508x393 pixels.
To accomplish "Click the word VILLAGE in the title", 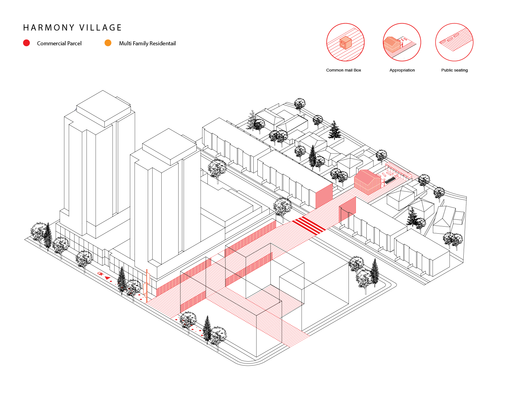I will [x=101, y=28].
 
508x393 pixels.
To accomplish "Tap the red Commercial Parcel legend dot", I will [x=26, y=43].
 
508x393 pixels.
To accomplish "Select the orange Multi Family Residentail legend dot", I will [x=108, y=43].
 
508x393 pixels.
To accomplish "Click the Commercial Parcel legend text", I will [x=59, y=43].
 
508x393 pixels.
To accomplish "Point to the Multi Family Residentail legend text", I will [x=147, y=43].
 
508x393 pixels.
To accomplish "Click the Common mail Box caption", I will [x=344, y=70].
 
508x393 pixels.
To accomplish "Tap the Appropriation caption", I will [x=402, y=70].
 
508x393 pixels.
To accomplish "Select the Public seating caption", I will [x=454, y=70].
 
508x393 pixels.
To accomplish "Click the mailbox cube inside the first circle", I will [x=345, y=43].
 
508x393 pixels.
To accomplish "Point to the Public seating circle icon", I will [x=454, y=42].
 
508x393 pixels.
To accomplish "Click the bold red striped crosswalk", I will [x=308, y=225].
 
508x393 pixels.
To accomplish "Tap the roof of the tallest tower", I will [x=103, y=108].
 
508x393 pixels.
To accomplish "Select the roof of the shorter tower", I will [x=169, y=146].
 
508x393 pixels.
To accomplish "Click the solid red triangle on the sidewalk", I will [x=107, y=278].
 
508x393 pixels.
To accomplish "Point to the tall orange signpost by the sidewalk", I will [x=147, y=285].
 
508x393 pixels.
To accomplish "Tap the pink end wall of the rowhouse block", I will [x=324, y=196].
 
